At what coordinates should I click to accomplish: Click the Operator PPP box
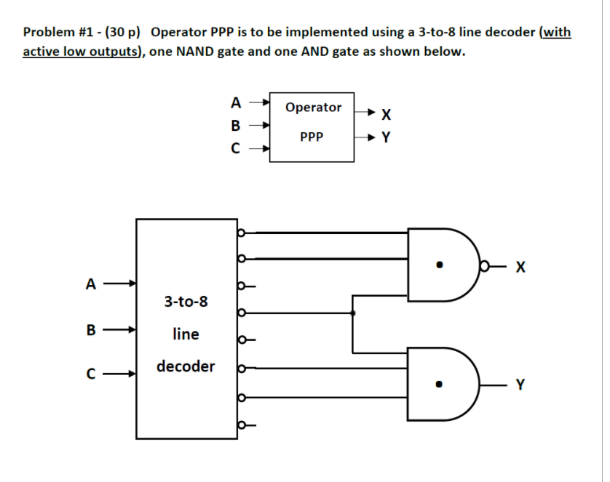[x=312, y=121]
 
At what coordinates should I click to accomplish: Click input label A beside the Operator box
[x=234, y=102]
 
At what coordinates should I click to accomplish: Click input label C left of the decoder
[x=90, y=375]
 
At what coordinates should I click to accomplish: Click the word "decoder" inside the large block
[x=186, y=366]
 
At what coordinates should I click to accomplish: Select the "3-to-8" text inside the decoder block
[x=186, y=300]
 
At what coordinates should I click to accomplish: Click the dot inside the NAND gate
[x=438, y=265]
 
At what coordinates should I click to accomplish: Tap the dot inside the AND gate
[x=438, y=385]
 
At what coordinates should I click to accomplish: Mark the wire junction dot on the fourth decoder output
[x=353, y=313]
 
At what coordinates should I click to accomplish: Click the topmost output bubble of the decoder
[x=241, y=233]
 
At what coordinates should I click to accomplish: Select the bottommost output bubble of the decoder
[x=241, y=425]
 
